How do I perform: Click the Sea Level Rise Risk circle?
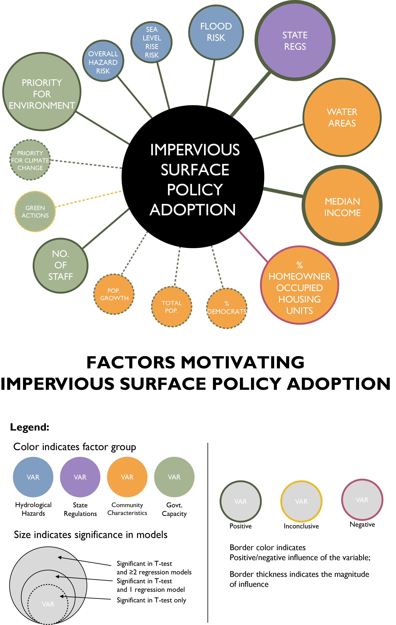152,42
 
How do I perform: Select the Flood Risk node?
216,32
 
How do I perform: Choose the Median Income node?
342,206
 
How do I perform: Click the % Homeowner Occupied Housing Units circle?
300,285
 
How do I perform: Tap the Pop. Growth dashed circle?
114,294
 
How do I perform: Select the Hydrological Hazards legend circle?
33,477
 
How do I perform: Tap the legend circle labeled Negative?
362,500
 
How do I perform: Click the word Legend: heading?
30,427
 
